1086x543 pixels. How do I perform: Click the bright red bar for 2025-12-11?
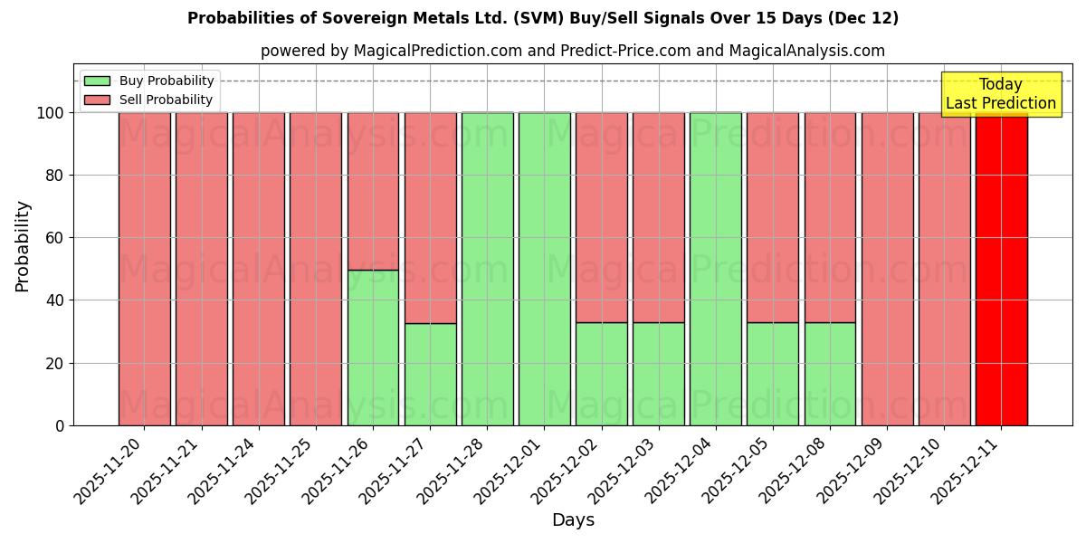coord(1001,269)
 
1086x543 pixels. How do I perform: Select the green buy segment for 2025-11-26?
coord(373,348)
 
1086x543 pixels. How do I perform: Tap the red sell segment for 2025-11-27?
coord(430,217)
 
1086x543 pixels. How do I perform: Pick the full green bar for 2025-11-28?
coord(487,269)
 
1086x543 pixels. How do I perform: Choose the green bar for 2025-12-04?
coord(716,269)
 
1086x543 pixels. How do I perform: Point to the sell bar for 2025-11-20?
coord(144,269)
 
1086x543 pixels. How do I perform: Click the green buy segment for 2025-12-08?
coord(830,374)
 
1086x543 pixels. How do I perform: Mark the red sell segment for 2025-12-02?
coord(601,217)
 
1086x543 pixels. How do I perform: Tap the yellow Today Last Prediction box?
coord(1000,94)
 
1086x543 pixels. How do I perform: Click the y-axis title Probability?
coord(23,246)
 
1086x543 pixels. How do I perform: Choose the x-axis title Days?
coord(573,520)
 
